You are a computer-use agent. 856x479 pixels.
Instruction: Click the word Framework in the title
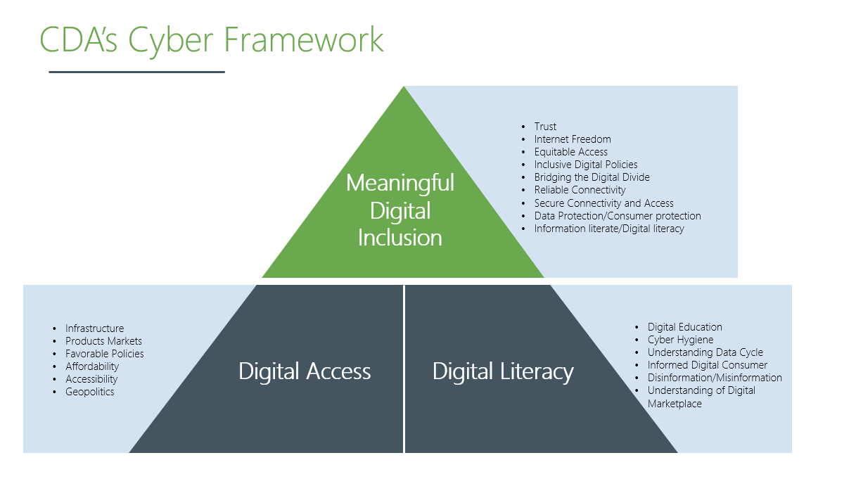pyautogui.click(x=303, y=39)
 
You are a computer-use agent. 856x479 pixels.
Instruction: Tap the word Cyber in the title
pyautogui.click(x=170, y=41)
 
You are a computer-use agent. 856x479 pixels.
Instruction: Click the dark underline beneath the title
pyautogui.click(x=137, y=72)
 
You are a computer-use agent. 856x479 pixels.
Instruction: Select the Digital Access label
pyautogui.click(x=305, y=371)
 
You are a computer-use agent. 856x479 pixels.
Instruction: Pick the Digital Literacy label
pyautogui.click(x=503, y=371)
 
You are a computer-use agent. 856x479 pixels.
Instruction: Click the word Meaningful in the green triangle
pyautogui.click(x=400, y=183)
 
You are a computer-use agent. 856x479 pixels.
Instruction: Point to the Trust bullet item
pyautogui.click(x=545, y=127)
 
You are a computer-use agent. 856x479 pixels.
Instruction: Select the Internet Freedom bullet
pyautogui.click(x=573, y=139)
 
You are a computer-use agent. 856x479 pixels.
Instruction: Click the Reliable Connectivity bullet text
pyautogui.click(x=580, y=190)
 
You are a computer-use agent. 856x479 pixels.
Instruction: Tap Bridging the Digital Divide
pyautogui.click(x=592, y=177)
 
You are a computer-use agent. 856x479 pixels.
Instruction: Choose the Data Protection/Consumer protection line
pyautogui.click(x=618, y=216)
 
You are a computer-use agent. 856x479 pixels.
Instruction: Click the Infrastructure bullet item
pyautogui.click(x=94, y=328)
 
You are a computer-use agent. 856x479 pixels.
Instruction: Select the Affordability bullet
pyautogui.click(x=92, y=366)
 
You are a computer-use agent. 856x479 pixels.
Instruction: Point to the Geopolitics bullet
pyautogui.click(x=89, y=392)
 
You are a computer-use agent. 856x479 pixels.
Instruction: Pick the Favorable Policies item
pyautogui.click(x=104, y=354)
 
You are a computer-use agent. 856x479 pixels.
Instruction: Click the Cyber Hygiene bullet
pyautogui.click(x=680, y=340)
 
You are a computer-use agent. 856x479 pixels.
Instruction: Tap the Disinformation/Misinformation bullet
pyautogui.click(x=715, y=378)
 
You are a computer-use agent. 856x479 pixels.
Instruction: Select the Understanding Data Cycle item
pyautogui.click(x=705, y=352)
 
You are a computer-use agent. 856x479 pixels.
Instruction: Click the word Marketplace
pyautogui.click(x=675, y=404)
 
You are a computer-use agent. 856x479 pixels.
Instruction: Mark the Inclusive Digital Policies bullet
pyautogui.click(x=586, y=165)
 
